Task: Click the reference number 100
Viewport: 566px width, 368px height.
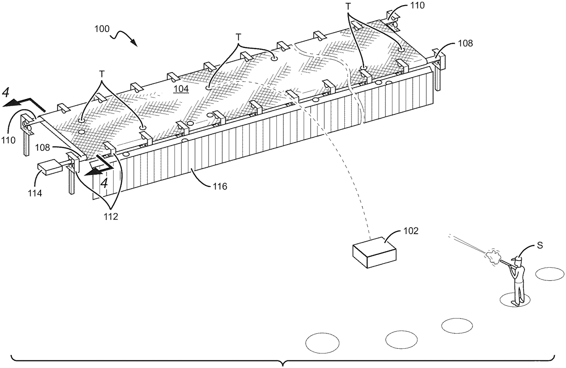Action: (102, 29)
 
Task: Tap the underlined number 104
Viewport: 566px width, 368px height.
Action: (181, 89)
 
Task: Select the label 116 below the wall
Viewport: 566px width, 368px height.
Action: (220, 186)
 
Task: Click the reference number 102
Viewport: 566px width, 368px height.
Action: (411, 231)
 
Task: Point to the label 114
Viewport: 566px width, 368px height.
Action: (34, 193)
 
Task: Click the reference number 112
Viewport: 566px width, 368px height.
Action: (111, 216)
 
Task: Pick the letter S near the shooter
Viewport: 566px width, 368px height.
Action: (540, 245)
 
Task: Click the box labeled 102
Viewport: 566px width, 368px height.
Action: (374, 253)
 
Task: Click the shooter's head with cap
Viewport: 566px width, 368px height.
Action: (517, 262)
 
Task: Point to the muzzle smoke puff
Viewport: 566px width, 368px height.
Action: (492, 257)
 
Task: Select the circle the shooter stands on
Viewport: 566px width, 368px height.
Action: (515, 300)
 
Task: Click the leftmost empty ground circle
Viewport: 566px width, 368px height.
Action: (323, 343)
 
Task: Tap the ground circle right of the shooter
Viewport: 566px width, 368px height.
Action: (550, 274)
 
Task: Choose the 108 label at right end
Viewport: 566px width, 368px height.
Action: (465, 43)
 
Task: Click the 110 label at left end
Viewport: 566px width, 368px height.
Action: (8, 140)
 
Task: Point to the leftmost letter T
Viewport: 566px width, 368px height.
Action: (101, 74)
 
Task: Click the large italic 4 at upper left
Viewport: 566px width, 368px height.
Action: (6, 93)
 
